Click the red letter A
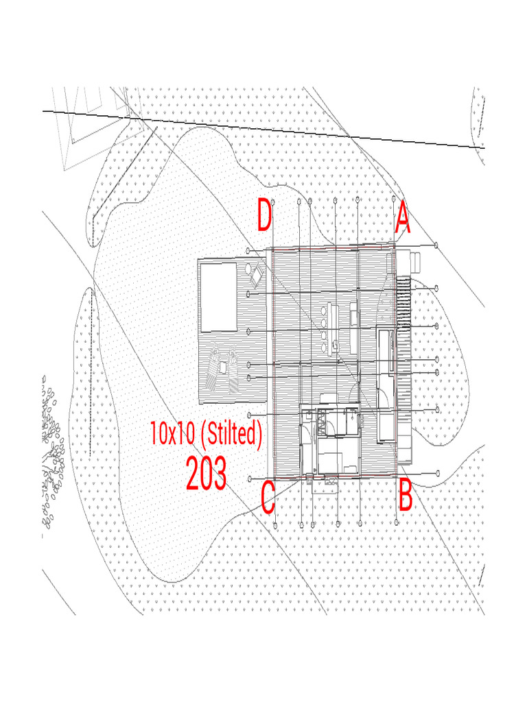coord(403,219)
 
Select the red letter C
coord(268,498)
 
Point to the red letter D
coord(265,217)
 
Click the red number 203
coord(206,474)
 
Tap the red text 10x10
coord(174,433)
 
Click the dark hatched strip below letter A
coord(403,302)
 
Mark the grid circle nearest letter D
coord(273,202)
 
